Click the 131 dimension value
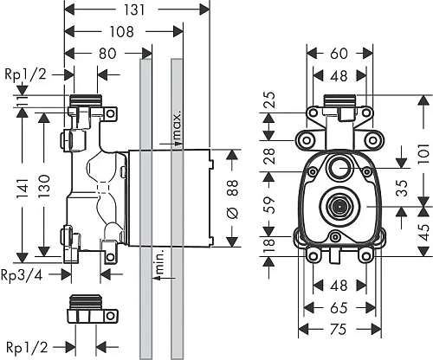134,10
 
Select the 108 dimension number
122,32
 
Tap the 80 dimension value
107,54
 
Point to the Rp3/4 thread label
22,275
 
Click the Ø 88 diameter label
233,199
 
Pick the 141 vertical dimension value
23,188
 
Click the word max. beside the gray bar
178,127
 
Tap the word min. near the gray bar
158,261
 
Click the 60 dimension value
339,54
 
